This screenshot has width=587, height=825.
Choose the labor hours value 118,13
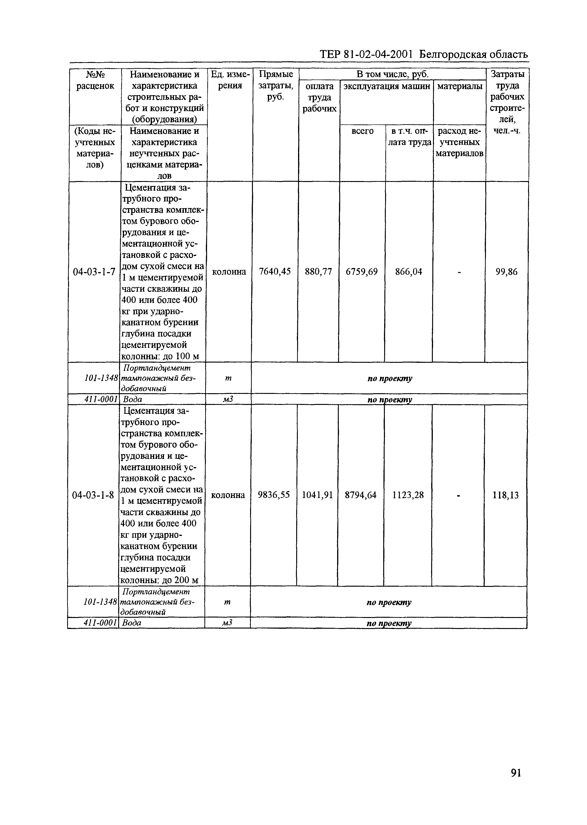505,495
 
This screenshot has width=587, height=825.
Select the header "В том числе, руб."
392,74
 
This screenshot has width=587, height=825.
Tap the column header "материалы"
459,86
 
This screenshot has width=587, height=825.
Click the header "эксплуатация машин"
386,86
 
